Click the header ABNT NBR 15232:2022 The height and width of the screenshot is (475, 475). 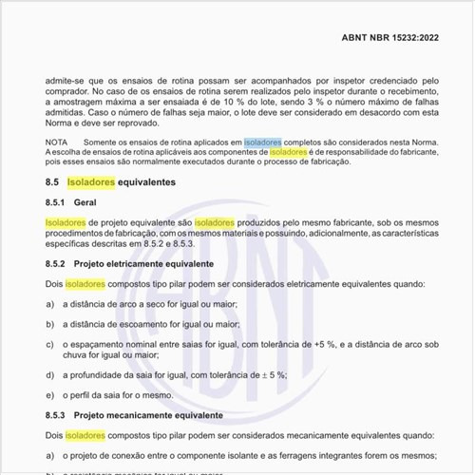[390, 38]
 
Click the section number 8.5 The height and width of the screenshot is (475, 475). [52, 180]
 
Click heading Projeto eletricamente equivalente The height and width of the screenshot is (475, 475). [145, 263]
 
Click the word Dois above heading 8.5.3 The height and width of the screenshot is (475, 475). [54, 283]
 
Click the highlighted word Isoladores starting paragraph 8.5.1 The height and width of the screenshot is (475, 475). [65, 222]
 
